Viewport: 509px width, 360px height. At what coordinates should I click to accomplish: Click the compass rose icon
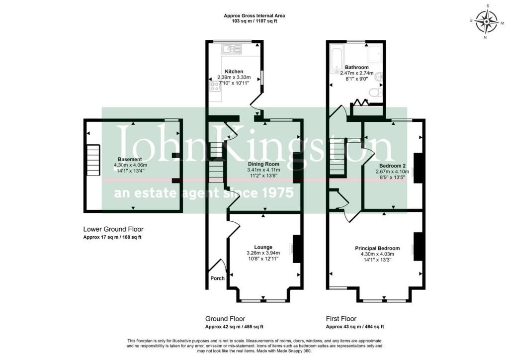click(486, 22)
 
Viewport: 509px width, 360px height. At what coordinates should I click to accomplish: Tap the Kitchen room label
click(234, 72)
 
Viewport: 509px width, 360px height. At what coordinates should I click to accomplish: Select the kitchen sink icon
click(232, 49)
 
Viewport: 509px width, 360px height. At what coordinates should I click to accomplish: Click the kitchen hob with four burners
click(215, 87)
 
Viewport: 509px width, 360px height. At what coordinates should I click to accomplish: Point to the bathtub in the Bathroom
click(337, 58)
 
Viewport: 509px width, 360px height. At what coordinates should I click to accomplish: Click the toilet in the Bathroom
click(376, 93)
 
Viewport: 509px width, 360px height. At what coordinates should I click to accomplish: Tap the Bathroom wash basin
click(379, 77)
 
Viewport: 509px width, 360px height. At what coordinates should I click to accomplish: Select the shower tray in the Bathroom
click(375, 53)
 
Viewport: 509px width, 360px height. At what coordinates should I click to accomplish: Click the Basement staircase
click(93, 160)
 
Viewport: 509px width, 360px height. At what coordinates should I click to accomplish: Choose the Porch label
click(217, 278)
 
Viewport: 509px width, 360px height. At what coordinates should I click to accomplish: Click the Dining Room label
click(263, 164)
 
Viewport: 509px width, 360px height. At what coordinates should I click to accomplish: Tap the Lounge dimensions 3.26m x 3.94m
click(263, 253)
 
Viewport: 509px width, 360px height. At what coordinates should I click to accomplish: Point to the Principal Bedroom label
click(377, 248)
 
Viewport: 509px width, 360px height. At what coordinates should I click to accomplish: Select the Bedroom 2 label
click(393, 166)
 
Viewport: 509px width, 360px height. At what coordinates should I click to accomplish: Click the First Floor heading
click(341, 319)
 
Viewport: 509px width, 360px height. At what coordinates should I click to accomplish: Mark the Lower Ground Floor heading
click(113, 229)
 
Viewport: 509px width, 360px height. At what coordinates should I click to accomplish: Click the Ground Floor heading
click(225, 319)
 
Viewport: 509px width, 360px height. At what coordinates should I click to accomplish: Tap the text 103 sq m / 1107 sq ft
click(254, 21)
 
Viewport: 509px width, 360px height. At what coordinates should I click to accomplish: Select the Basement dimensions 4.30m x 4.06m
click(130, 165)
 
